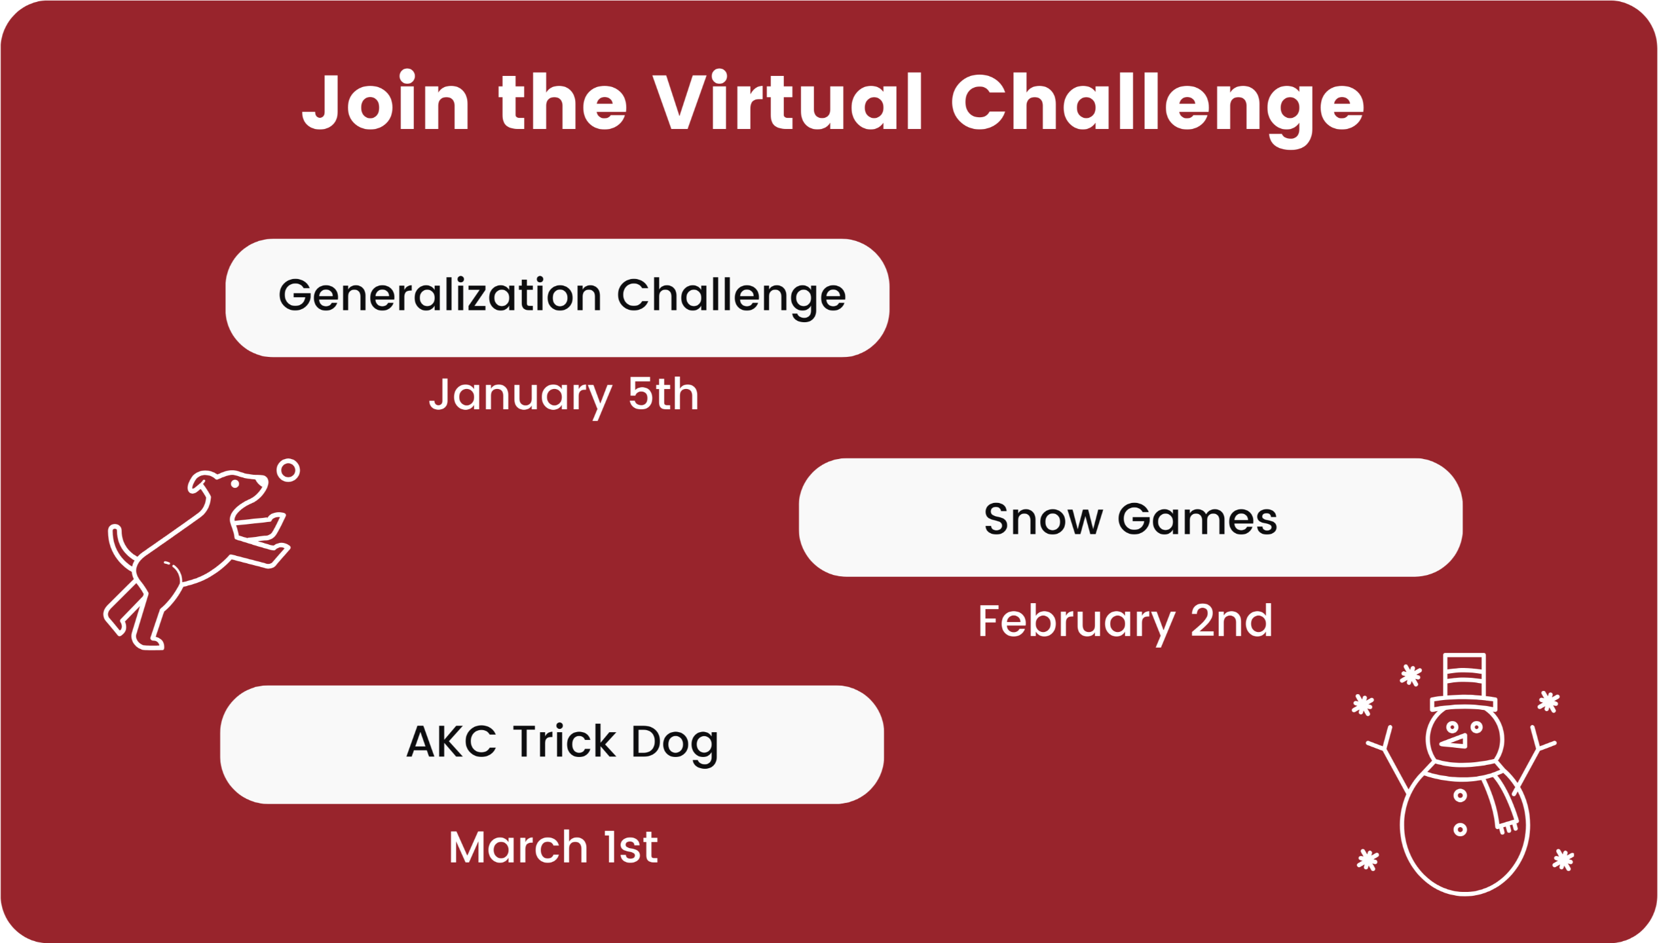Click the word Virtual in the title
[x=788, y=102]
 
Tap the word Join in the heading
[x=386, y=101]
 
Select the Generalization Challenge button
[x=557, y=298]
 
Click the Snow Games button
[x=1130, y=517]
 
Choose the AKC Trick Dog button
[x=552, y=745]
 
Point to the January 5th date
[x=564, y=396]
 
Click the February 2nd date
[x=1125, y=622]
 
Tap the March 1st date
[x=553, y=847]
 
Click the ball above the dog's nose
[x=288, y=470]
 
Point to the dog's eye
[x=234, y=484]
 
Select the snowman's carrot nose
[x=1454, y=741]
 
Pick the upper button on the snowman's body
[x=1460, y=796]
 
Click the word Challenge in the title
[x=1157, y=107]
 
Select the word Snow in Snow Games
[x=1043, y=519]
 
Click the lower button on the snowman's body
[x=1460, y=830]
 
